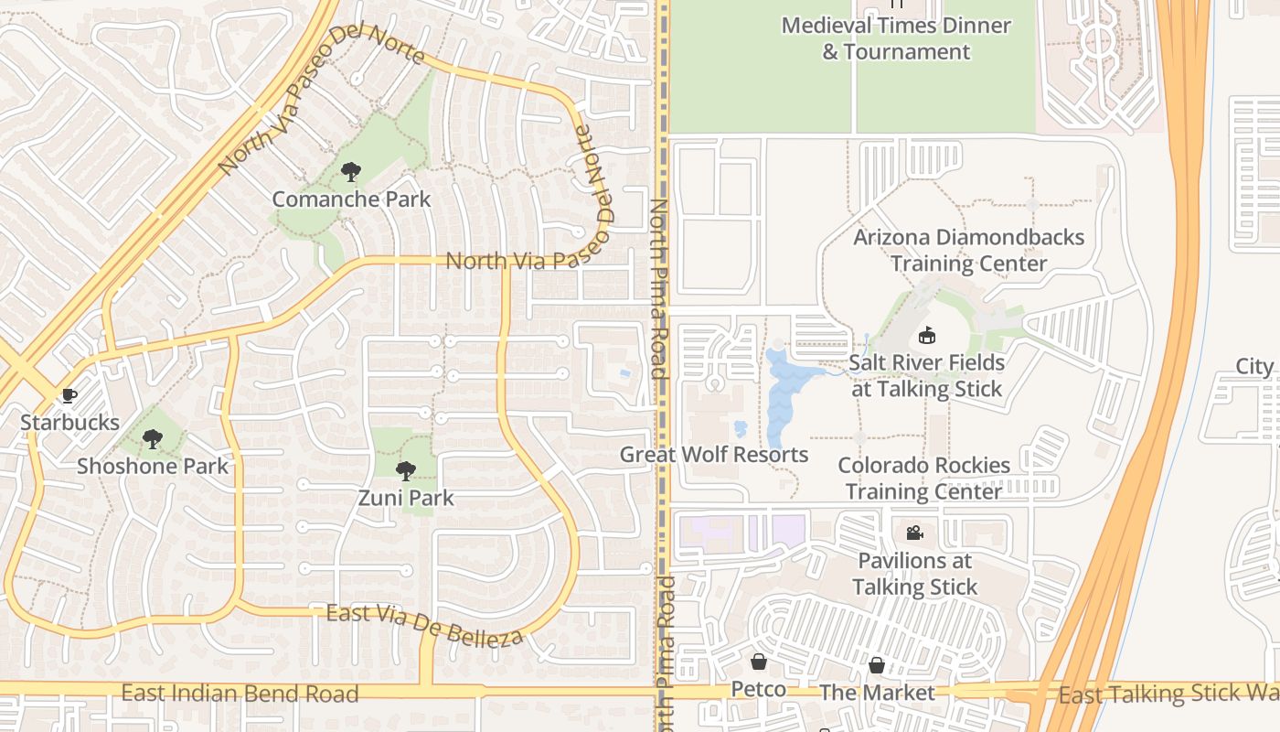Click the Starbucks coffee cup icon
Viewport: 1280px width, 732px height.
click(68, 396)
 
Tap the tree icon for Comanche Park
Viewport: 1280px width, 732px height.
click(350, 171)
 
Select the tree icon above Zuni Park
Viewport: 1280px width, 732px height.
click(405, 471)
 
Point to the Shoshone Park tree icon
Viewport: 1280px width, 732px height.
click(153, 439)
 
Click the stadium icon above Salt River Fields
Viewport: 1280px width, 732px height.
click(927, 335)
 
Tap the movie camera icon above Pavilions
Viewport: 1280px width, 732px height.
click(914, 533)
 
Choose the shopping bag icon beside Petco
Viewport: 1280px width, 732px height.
click(759, 662)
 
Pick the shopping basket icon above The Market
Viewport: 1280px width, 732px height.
click(877, 665)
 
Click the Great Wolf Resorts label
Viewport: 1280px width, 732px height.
click(714, 455)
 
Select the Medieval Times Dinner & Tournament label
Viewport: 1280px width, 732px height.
click(896, 38)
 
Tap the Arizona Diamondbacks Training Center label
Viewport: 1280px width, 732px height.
click(969, 251)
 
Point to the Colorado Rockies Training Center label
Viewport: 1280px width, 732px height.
click(923, 478)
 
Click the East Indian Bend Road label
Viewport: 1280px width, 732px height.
click(240, 693)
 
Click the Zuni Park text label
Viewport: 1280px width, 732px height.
click(406, 499)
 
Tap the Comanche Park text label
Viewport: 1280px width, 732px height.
click(351, 199)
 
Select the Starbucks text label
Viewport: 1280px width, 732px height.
click(70, 423)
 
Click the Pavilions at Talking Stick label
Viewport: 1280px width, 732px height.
click(915, 574)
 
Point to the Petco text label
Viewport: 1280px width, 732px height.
click(759, 689)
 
